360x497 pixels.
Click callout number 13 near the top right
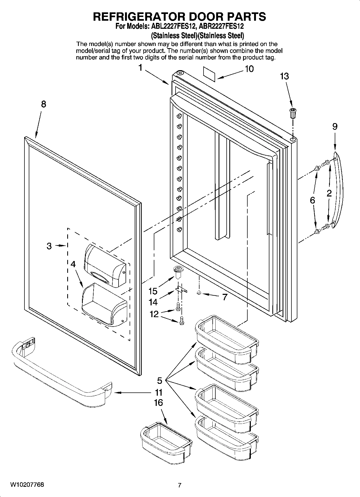[x=284, y=76]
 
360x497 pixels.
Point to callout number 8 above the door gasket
[x=43, y=104]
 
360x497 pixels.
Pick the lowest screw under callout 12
[x=181, y=322]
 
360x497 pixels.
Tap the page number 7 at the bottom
[x=180, y=485]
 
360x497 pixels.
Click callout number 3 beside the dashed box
[x=49, y=246]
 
